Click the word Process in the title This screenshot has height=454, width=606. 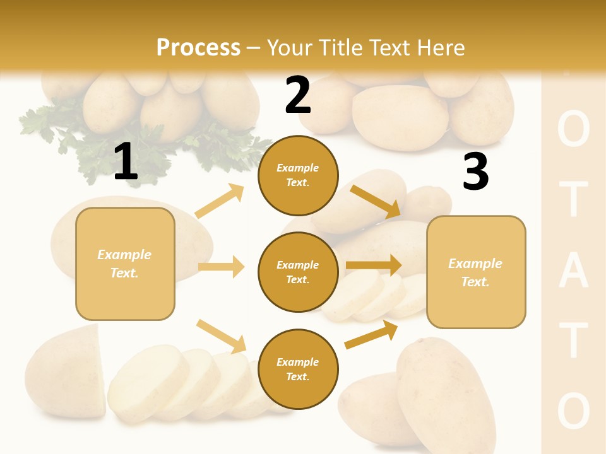click(x=198, y=48)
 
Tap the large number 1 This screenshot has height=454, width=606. click(x=126, y=161)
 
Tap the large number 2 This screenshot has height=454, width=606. click(x=298, y=96)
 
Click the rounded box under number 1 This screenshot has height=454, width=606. click(x=125, y=264)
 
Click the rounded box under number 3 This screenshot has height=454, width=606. click(x=476, y=272)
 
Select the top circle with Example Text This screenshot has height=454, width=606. click(x=298, y=175)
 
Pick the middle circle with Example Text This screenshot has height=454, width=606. click(x=298, y=272)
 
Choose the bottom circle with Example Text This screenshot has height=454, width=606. click(x=298, y=369)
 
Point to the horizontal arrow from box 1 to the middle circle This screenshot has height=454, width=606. click(x=221, y=267)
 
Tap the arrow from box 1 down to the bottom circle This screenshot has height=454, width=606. click(x=221, y=336)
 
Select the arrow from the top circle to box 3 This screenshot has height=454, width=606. click(x=375, y=202)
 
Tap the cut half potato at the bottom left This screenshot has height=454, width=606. click(x=66, y=372)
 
